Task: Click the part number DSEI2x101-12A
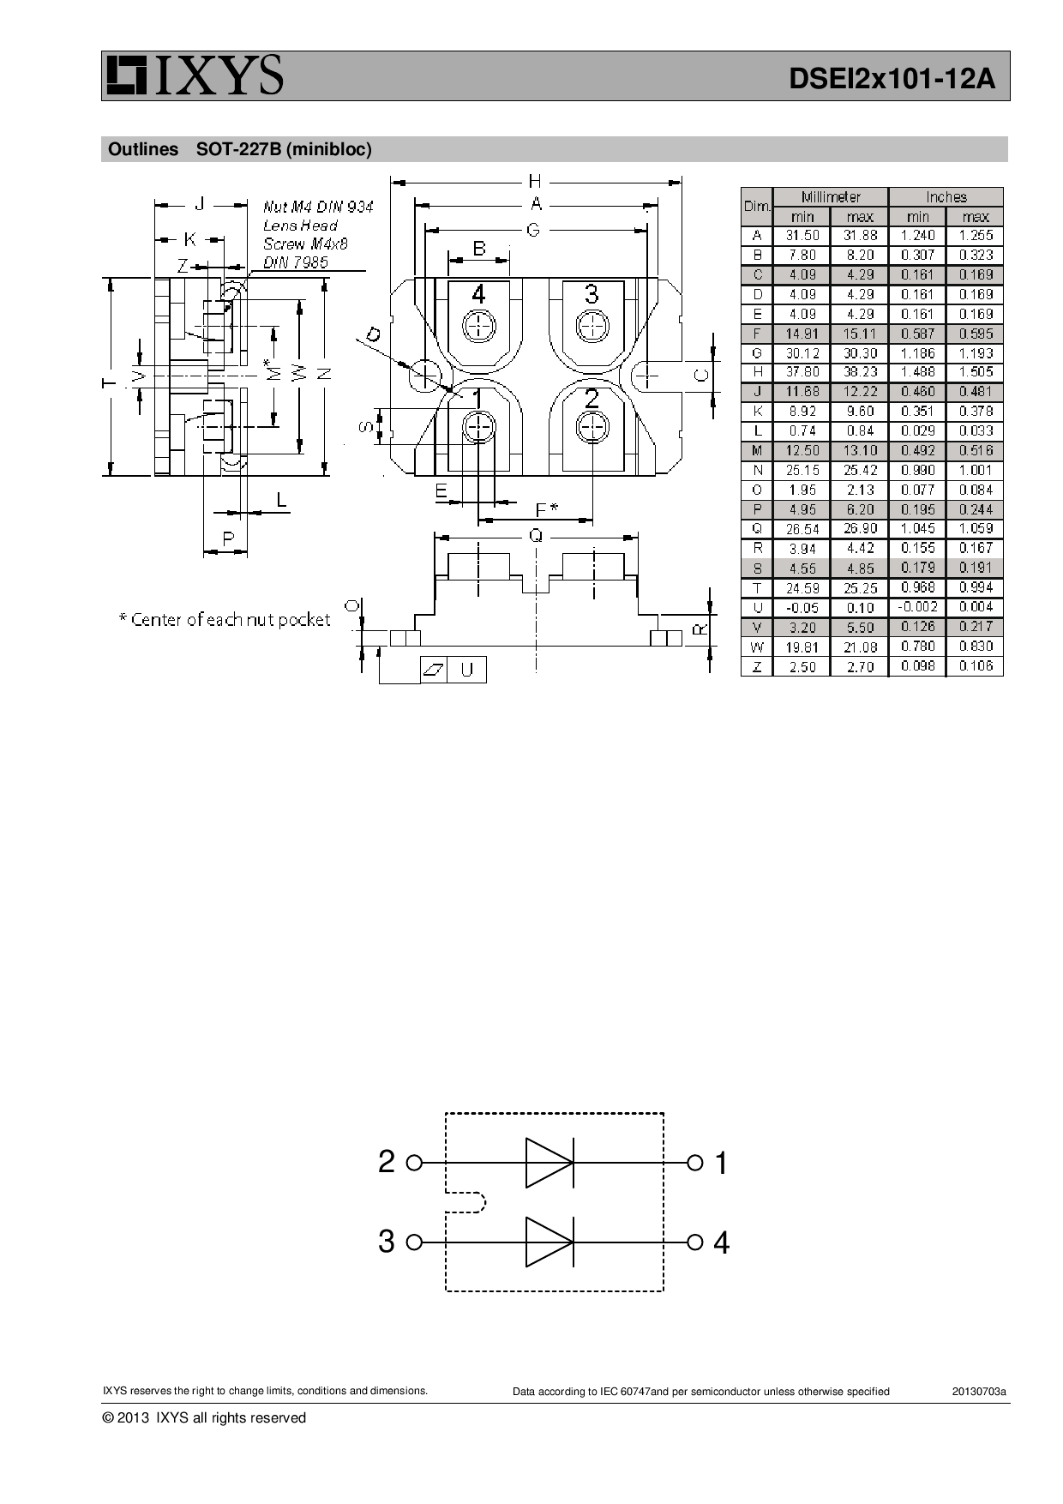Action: click(892, 79)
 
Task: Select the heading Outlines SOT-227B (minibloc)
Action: click(240, 149)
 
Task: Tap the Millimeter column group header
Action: click(830, 196)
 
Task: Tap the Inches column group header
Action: click(946, 196)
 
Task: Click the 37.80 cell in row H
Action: click(802, 372)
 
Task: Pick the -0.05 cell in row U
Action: click(802, 608)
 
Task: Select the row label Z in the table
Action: click(756, 666)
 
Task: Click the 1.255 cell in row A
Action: click(976, 235)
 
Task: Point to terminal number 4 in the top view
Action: click(478, 294)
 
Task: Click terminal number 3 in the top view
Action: click(591, 294)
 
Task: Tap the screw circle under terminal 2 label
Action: click(592, 427)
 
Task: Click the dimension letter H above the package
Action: click(535, 181)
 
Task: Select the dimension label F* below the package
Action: click(545, 509)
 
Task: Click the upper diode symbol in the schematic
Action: click(549, 1163)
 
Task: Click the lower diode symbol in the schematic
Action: click(549, 1242)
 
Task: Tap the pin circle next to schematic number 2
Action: click(414, 1163)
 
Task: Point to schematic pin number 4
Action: click(721, 1242)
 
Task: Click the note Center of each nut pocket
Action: click(225, 619)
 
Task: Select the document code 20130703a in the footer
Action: click(978, 1391)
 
